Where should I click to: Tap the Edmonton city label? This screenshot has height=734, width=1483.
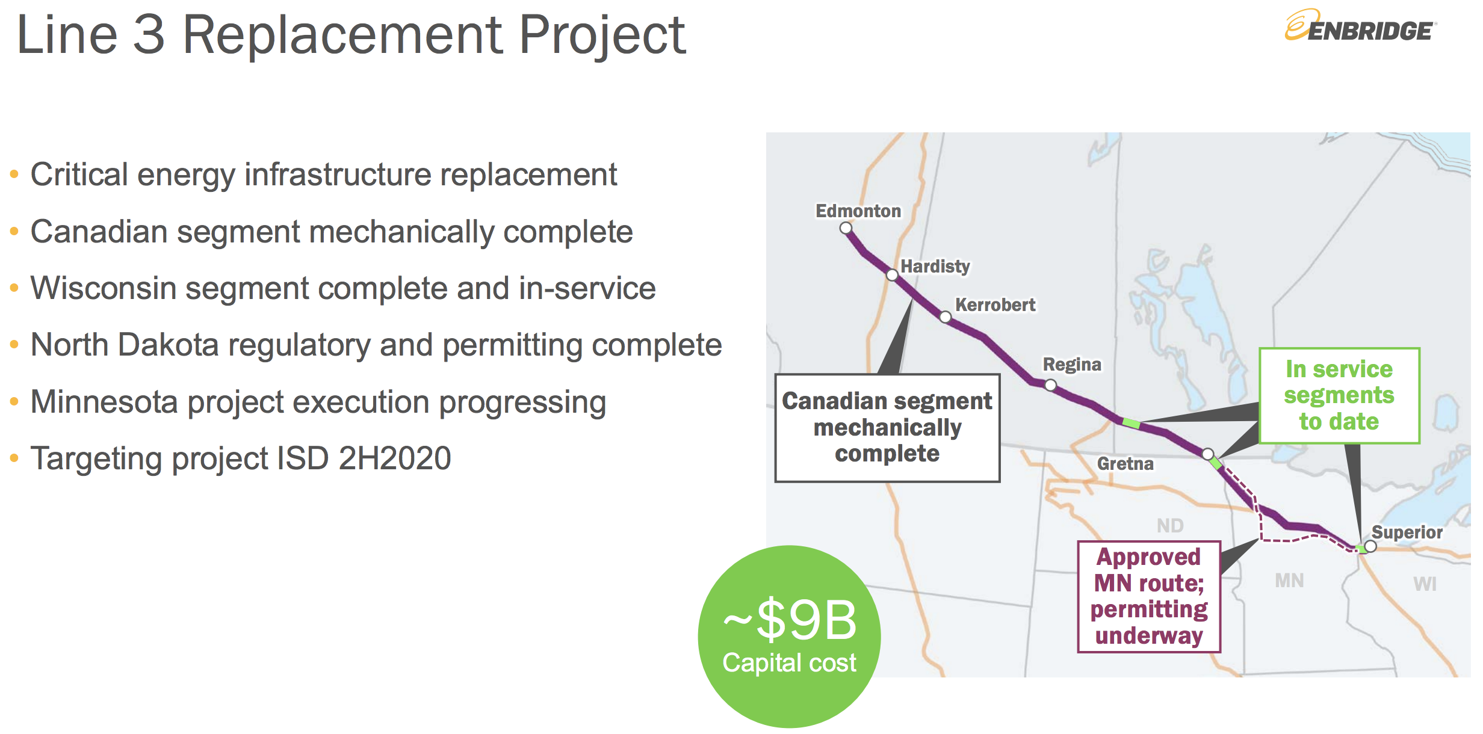click(x=858, y=211)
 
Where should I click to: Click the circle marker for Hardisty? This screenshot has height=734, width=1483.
click(x=892, y=275)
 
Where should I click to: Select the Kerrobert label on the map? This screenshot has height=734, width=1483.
click(x=995, y=305)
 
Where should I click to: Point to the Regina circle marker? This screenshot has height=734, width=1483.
click(x=1050, y=385)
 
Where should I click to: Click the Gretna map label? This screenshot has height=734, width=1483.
click(x=1125, y=464)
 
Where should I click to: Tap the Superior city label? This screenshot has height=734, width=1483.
click(x=1407, y=532)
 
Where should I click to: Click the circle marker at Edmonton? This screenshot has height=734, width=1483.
click(x=846, y=229)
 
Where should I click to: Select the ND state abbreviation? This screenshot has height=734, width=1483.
click(x=1170, y=526)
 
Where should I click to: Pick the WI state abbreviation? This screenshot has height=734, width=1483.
click(x=1425, y=584)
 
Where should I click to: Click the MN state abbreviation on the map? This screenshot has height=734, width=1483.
click(x=1289, y=581)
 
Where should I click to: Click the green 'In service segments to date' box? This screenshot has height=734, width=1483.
click(x=1339, y=395)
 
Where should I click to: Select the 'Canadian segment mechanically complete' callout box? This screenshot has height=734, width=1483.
click(x=887, y=428)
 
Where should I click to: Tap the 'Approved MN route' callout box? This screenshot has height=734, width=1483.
click(x=1149, y=596)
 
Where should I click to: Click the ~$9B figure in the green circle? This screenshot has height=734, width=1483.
click(x=790, y=620)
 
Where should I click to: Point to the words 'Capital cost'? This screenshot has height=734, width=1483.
click(x=789, y=663)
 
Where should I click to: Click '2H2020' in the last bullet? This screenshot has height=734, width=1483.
click(x=395, y=458)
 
